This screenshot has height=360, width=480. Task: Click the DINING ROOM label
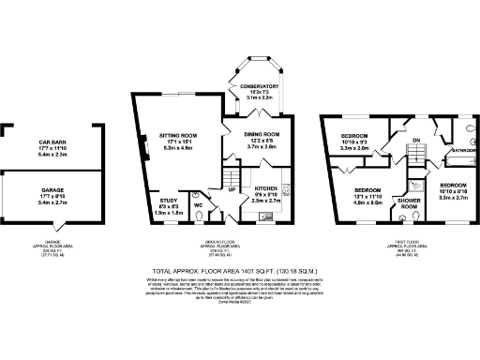pyautogui.click(x=263, y=134)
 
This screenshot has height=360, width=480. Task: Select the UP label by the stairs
pyautogui.click(x=233, y=187)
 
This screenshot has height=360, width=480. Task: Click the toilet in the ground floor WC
pyautogui.click(x=198, y=218)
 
